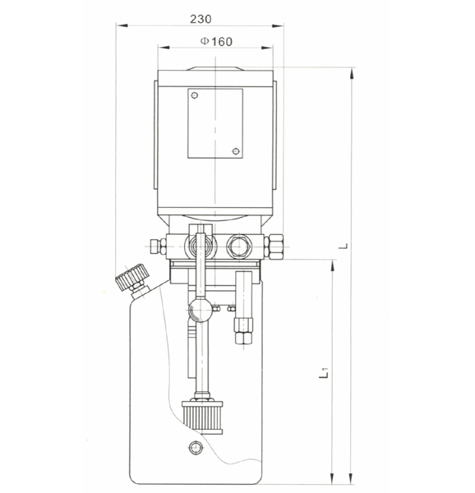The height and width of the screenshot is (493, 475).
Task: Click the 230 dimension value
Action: point(201,20)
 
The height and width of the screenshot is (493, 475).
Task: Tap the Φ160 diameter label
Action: point(217,42)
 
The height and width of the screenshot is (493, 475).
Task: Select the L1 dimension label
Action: point(324,372)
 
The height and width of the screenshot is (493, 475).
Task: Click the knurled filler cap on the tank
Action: point(132,278)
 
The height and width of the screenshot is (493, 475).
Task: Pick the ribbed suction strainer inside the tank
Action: point(203,417)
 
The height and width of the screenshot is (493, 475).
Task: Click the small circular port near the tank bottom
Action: point(196,447)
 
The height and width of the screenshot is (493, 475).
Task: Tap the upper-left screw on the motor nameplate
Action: point(195,95)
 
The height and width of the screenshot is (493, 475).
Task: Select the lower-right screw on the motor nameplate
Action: point(236,151)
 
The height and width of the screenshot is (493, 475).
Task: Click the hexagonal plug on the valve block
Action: point(238,245)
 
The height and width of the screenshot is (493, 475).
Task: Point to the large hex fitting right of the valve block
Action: point(274,246)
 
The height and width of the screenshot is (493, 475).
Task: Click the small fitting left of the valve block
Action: point(158,246)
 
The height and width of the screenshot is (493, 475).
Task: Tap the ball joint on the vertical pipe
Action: point(201,310)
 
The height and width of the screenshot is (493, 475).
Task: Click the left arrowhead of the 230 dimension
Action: point(122,25)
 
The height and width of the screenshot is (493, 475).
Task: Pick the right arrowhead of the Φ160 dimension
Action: point(267,48)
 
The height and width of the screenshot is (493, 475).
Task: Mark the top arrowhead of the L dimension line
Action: point(352,74)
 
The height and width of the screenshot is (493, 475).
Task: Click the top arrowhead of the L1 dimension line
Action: point(332,266)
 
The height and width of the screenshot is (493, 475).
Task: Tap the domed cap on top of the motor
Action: point(215,68)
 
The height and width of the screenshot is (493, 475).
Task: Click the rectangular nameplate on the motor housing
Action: point(215,123)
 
